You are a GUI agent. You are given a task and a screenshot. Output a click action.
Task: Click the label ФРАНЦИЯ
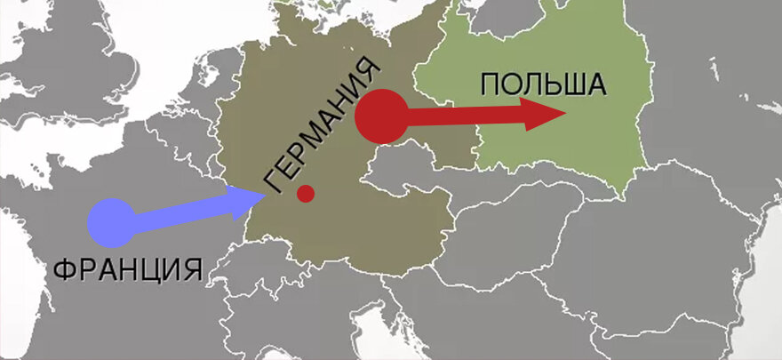pos(128,268)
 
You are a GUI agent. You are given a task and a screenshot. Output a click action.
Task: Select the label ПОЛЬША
pos(542,84)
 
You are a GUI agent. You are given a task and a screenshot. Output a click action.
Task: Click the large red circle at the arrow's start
pos(381,116)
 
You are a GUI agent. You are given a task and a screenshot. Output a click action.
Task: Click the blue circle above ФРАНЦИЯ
pos(111,222)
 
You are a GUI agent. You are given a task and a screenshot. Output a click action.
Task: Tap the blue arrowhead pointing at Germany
pos(239,203)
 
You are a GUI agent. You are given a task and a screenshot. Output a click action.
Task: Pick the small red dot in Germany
pos(306,193)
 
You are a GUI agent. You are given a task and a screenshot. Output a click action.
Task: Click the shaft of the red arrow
pos(462,116)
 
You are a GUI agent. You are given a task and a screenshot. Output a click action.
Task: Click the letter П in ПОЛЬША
pos(490,84)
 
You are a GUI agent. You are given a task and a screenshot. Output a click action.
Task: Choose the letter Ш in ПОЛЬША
pos(573,84)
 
